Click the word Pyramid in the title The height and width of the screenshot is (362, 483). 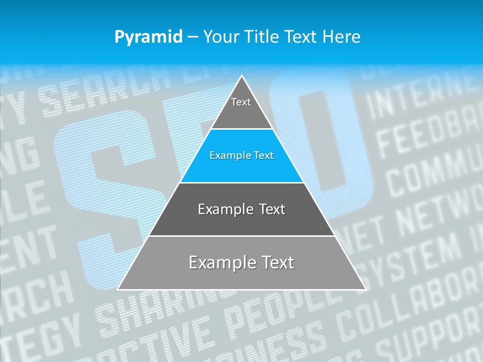tap(148, 37)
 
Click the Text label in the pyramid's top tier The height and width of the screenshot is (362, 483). tap(241, 103)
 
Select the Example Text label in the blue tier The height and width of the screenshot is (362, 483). tap(242, 156)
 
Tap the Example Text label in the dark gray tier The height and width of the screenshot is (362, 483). tap(242, 209)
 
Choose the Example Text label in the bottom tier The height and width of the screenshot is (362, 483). tap(242, 262)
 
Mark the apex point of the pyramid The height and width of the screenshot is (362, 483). tap(242, 75)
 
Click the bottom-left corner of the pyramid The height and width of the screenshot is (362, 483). tap(118, 290)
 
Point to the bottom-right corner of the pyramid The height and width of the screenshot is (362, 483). tap(366, 290)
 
